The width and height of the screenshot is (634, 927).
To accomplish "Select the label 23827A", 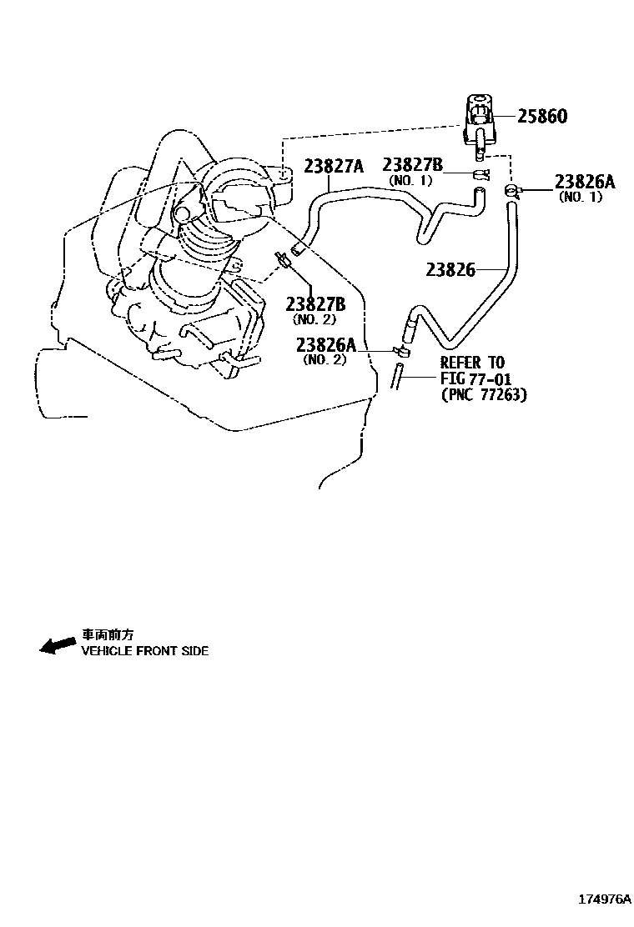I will [x=333, y=166].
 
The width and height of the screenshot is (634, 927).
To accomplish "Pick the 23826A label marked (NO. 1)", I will [x=584, y=183].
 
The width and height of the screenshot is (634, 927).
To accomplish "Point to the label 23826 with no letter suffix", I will [x=450, y=269].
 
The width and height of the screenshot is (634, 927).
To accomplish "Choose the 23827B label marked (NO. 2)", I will [x=315, y=303].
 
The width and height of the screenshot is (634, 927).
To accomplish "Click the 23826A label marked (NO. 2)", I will [x=325, y=345].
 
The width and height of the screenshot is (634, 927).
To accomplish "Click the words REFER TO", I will [x=472, y=363].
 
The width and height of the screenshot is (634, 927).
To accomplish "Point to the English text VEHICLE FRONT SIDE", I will [x=144, y=650].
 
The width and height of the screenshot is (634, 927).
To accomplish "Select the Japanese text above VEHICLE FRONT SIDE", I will [x=107, y=634].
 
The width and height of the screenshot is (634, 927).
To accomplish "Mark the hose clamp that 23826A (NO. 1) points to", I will [x=511, y=192].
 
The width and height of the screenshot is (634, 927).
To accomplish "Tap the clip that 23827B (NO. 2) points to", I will [x=284, y=260].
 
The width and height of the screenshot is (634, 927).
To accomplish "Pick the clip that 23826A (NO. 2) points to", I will [x=400, y=349].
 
